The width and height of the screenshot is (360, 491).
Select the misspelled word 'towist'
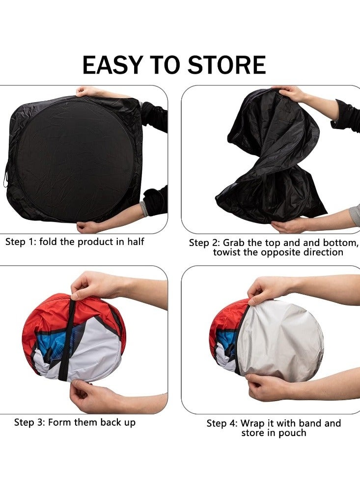click(x=228, y=252)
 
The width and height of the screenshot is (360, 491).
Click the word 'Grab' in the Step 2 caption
click(x=235, y=243)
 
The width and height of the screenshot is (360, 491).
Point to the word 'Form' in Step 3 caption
click(x=60, y=422)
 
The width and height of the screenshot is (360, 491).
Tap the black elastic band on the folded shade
click(x=73, y=339)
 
